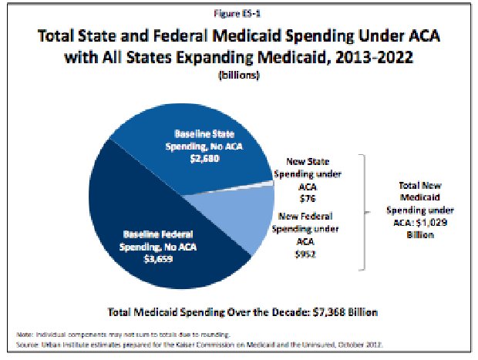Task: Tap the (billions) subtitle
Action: [x=238, y=77]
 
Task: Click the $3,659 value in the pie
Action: [x=157, y=257]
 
